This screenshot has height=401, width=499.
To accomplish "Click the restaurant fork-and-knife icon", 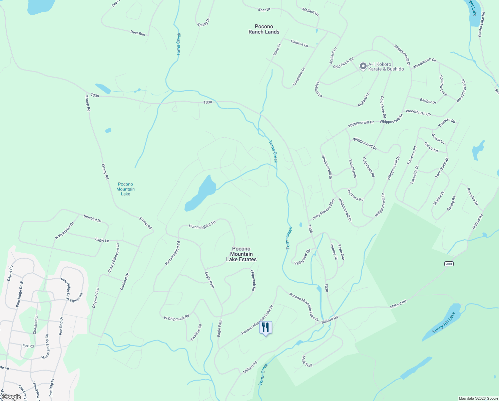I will (266, 327).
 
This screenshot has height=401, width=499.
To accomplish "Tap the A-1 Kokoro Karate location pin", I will (363, 66).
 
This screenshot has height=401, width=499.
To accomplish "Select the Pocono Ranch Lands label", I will (264, 29).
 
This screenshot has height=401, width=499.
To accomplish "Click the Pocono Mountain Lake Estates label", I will (241, 254).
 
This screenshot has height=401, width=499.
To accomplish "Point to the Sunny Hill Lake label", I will (443, 322).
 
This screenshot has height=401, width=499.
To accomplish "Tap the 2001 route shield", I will (449, 264).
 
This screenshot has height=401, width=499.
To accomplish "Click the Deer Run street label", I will (138, 33).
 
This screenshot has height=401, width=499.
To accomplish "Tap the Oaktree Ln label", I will (299, 43).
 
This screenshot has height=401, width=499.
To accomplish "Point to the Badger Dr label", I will (428, 101).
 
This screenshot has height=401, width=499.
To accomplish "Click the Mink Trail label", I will (307, 361).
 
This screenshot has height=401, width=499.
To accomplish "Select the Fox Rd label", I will (28, 346).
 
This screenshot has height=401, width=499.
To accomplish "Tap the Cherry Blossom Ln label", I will (113, 258).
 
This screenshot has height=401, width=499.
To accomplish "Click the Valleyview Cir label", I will (303, 257).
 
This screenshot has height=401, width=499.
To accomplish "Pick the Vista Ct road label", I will (277, 49).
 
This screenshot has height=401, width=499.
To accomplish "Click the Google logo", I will (11, 397).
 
